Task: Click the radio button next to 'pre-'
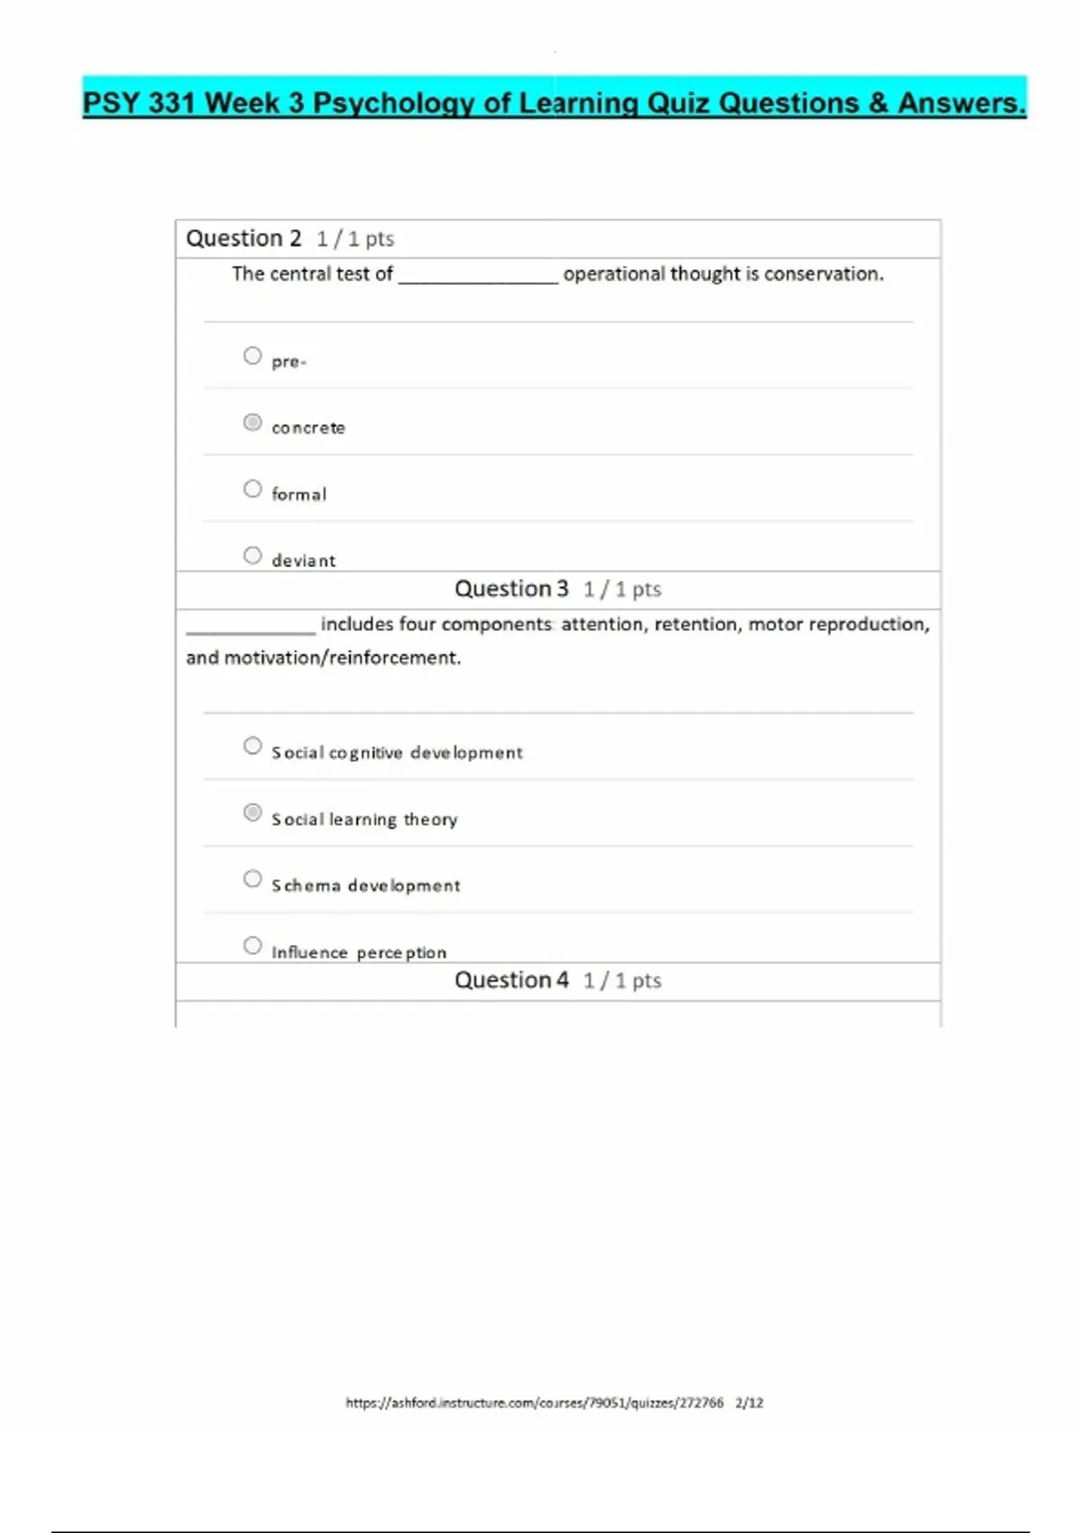coord(252,356)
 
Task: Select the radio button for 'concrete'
coord(252,422)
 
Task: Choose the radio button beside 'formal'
coord(252,489)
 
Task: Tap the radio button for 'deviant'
coord(252,555)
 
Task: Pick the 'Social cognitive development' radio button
coord(252,746)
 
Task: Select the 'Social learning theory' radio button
coord(252,812)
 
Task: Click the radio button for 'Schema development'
coord(252,879)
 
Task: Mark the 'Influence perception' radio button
coord(252,946)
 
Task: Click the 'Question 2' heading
coord(243,239)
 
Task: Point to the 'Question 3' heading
coord(511,589)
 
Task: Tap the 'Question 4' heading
coord(511,980)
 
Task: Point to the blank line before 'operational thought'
coord(478,280)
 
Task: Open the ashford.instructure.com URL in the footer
coord(534,1403)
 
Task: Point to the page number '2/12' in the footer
coord(749,1403)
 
